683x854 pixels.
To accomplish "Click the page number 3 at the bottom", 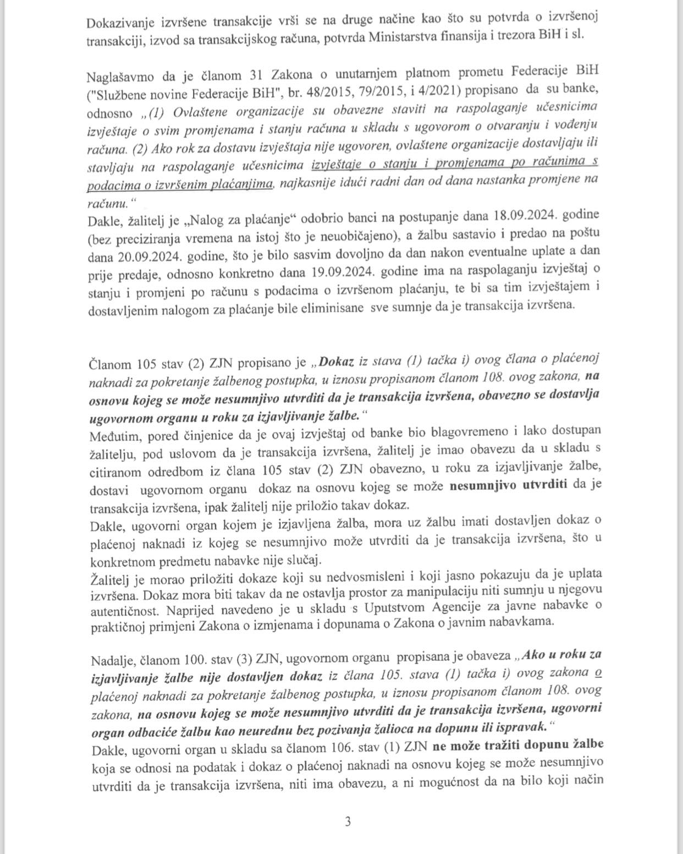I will [348, 822].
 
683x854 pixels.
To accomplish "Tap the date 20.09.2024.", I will [145, 256].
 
